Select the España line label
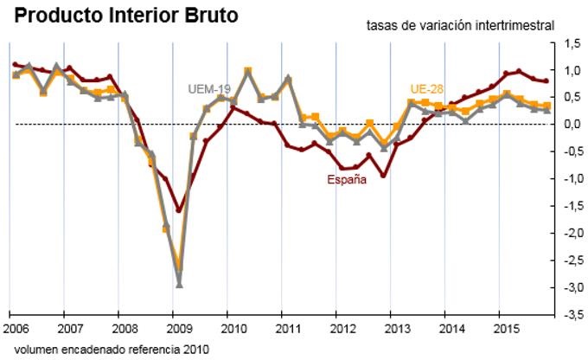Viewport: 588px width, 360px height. [347, 180]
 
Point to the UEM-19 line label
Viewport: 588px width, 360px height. [208, 88]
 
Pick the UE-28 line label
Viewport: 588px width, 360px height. [427, 89]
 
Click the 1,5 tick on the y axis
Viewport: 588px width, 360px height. [572, 42]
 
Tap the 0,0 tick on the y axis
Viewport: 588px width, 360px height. [572, 125]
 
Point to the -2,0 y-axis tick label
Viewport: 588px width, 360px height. [571, 234]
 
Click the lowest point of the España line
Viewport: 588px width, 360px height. [179, 210]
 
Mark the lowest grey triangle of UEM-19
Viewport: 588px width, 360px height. [179, 283]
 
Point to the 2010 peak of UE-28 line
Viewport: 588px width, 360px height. [248, 70]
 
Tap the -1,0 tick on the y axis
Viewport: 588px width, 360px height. [571, 179]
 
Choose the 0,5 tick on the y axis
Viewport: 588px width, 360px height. [572, 97]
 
